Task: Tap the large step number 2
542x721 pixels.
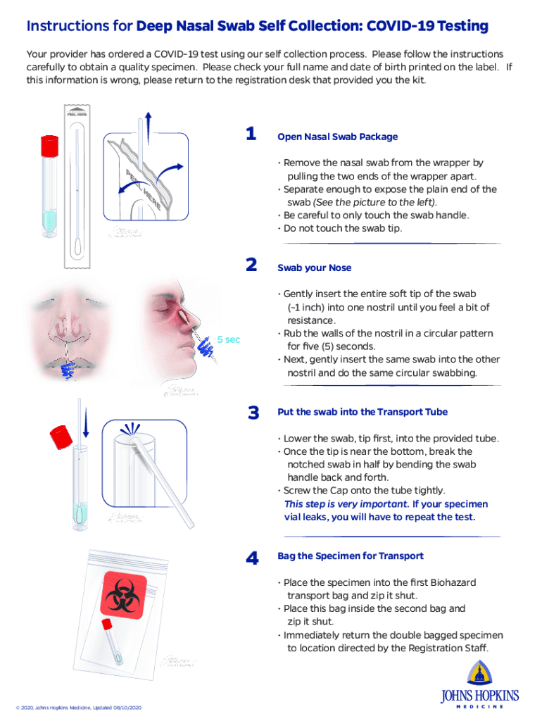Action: (251, 265)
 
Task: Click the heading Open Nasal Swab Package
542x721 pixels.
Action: (337, 137)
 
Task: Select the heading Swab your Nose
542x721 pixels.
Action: (314, 268)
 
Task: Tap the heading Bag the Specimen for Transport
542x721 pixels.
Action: (350, 556)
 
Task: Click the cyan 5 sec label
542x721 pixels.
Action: (228, 339)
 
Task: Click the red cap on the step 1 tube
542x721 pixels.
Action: (49, 145)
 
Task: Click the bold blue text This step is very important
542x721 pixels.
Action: (346, 504)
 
